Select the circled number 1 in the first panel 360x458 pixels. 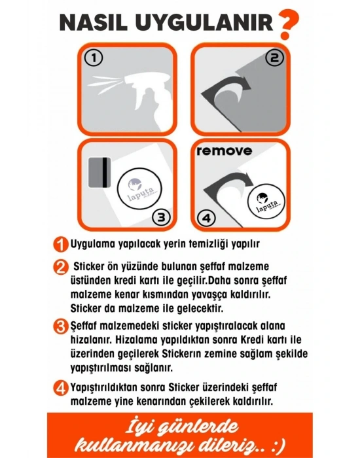[95, 59]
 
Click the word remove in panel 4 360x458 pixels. [223, 150]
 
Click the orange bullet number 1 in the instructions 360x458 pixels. [61, 244]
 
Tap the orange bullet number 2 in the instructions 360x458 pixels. [61, 267]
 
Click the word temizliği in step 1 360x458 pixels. [204, 244]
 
